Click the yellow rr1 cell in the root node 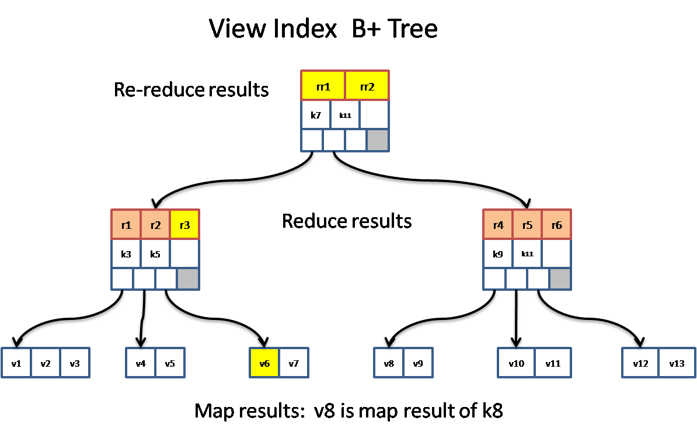pyautogui.click(x=323, y=86)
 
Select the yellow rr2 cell pyautogui.click(x=367, y=86)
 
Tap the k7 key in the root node pyautogui.click(x=315, y=115)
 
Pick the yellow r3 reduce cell pyautogui.click(x=184, y=225)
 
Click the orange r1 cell pyautogui.click(x=126, y=225)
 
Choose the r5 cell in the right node pyautogui.click(x=527, y=225)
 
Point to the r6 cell pyautogui.click(x=556, y=225)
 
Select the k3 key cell pyautogui.click(x=126, y=254)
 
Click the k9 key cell pyautogui.click(x=498, y=254)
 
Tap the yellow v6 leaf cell pyautogui.click(x=264, y=363)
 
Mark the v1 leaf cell pyautogui.click(x=16, y=363)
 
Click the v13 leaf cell pyautogui.click(x=677, y=363)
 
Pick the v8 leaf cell pyautogui.click(x=389, y=363)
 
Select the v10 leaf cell pyautogui.click(x=516, y=363)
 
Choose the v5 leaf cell pyautogui.click(x=170, y=363)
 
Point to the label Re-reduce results pyautogui.click(x=191, y=90)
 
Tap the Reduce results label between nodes pyautogui.click(x=347, y=221)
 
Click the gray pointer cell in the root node pyautogui.click(x=378, y=140)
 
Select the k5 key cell pyautogui.click(x=155, y=254)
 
